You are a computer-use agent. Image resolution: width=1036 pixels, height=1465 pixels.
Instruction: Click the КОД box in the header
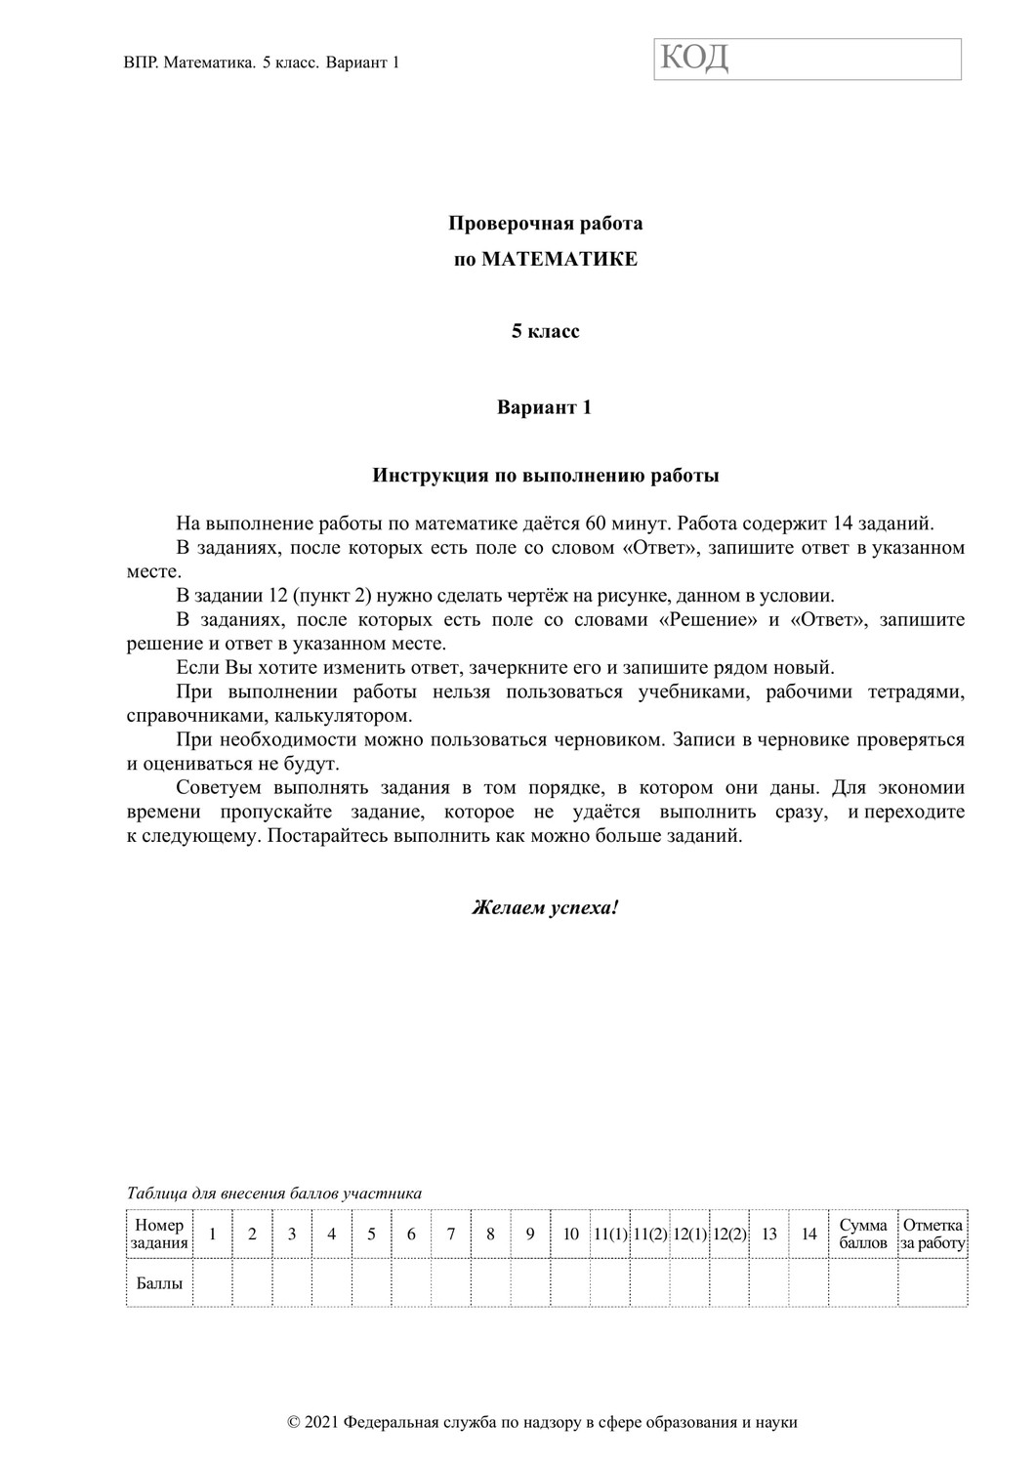807,59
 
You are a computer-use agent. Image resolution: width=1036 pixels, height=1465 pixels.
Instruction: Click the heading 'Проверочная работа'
545,224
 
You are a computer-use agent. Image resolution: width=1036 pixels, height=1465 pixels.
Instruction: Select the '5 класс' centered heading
545,332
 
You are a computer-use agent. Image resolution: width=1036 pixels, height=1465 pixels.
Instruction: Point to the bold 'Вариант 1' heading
545,407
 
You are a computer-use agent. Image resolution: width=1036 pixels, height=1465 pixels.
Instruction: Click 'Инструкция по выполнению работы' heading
545,477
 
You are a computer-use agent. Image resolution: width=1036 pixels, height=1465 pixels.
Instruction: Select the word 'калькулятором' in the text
316,716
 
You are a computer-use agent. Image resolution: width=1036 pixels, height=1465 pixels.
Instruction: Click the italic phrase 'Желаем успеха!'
545,907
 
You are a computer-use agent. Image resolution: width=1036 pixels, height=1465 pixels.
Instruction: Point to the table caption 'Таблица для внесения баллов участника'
274,1193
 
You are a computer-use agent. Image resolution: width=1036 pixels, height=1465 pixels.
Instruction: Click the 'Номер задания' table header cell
159,1234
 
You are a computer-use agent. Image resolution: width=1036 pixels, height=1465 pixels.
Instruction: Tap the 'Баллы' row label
159,1282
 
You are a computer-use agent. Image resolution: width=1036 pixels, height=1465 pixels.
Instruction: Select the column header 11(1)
610,1235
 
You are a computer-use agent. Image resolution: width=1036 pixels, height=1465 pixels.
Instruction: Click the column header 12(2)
729,1235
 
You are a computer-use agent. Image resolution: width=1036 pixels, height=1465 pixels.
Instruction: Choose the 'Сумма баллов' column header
863,1234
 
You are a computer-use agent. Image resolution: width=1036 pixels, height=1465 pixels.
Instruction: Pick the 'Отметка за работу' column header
932,1234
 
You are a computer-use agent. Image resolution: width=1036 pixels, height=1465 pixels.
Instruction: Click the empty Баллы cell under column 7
450,1282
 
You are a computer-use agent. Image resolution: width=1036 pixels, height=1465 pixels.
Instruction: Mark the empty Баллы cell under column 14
808,1282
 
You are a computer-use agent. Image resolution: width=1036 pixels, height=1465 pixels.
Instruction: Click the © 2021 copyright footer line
543,1422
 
